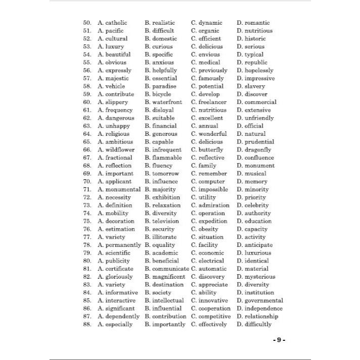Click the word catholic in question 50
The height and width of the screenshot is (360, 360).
(116, 23)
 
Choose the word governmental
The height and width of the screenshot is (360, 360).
(264, 300)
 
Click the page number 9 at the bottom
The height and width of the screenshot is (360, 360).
(278, 340)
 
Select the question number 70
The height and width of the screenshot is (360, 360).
(87, 182)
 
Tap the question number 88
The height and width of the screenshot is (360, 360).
(87, 324)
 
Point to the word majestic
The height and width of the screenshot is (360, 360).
(117, 78)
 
